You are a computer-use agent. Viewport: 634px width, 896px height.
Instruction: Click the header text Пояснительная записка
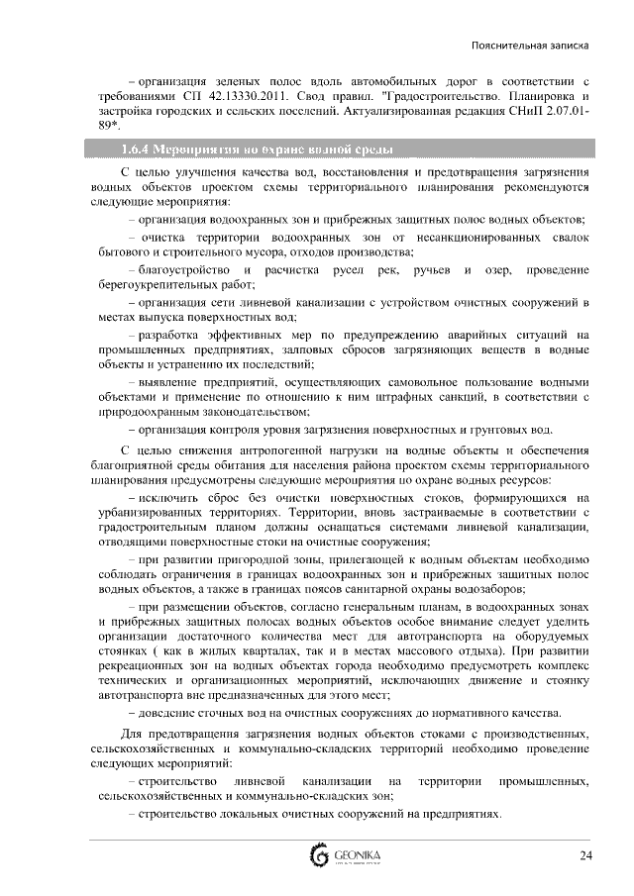pyautogui.click(x=530, y=46)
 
